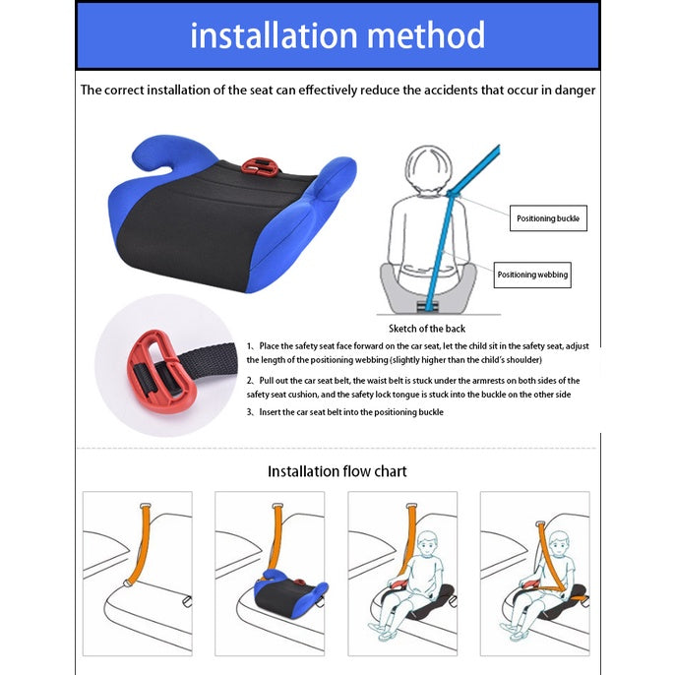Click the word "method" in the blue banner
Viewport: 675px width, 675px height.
coord(426,34)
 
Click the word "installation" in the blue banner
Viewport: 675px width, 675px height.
coord(274,34)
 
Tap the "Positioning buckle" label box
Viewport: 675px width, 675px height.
coord(548,218)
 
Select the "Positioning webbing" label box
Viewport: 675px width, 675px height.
coord(532,275)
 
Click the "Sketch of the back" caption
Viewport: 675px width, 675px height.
coord(427,329)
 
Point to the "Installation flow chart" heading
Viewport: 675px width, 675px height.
coord(337,471)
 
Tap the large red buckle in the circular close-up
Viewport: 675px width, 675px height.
coord(161,372)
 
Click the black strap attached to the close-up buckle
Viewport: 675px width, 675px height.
coord(207,358)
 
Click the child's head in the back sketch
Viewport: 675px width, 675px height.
coord(428,169)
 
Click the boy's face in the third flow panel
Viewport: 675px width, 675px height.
coord(427,545)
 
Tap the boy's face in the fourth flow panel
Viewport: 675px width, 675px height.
coord(559,545)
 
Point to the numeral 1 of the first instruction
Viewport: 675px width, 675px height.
coord(248,346)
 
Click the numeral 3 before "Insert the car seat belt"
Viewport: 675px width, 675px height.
coord(249,412)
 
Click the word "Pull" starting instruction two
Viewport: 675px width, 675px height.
coord(266,381)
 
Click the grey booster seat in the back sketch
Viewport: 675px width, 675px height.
coord(428,287)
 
